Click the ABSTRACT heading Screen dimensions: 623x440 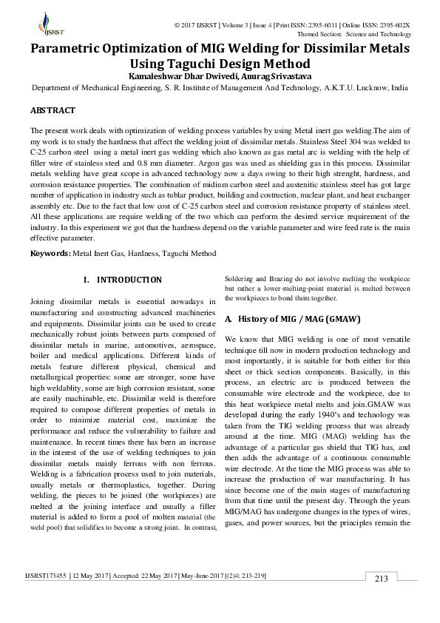tap(53, 110)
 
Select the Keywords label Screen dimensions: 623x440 tap(50, 253)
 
